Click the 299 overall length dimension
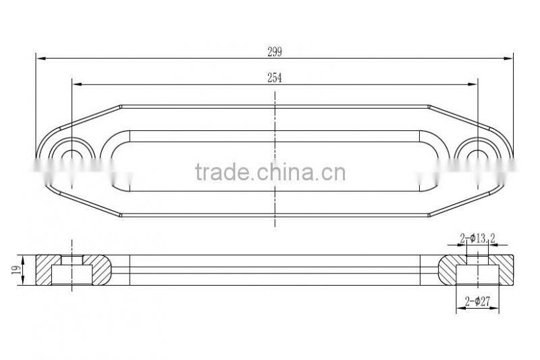point(275,52)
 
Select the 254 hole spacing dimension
point(275,78)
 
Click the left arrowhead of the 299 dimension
point(40,59)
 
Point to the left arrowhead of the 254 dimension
point(76,84)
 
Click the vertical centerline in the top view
point(275,135)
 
